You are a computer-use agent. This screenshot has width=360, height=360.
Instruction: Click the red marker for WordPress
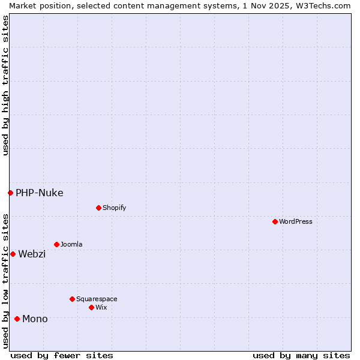[x=275, y=221]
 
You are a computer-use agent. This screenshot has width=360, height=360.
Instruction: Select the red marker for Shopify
[x=98, y=208]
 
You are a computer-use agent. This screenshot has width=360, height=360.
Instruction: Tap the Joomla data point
[x=56, y=244]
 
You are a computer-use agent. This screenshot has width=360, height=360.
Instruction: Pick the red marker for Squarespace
[x=72, y=299]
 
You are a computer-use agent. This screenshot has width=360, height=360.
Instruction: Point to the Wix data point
[x=91, y=307]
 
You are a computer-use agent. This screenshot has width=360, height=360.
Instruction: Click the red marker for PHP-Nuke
[x=10, y=193]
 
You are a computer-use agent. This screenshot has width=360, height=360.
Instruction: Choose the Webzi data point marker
[x=13, y=254]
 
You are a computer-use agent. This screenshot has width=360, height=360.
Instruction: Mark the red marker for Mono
[x=17, y=319]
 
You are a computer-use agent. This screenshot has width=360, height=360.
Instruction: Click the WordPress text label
[x=296, y=221]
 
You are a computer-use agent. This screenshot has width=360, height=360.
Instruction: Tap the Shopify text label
[x=114, y=208]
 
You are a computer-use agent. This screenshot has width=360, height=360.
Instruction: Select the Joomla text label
[x=71, y=244]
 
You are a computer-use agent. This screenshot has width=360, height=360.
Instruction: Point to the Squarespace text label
[x=97, y=299]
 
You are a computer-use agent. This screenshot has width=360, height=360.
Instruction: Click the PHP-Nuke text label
[x=40, y=193]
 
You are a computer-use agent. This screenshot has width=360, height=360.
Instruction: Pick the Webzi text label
[x=32, y=254]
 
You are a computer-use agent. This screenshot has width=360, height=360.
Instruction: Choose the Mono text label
[x=35, y=319]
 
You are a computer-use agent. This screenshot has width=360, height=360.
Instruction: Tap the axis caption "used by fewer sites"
[x=62, y=355]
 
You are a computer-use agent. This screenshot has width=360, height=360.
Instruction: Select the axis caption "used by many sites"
[x=301, y=355]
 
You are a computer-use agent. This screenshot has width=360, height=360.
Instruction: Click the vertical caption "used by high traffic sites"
[x=5, y=85]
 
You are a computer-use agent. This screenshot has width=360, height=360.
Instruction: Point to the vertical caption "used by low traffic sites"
[x=5, y=281]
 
